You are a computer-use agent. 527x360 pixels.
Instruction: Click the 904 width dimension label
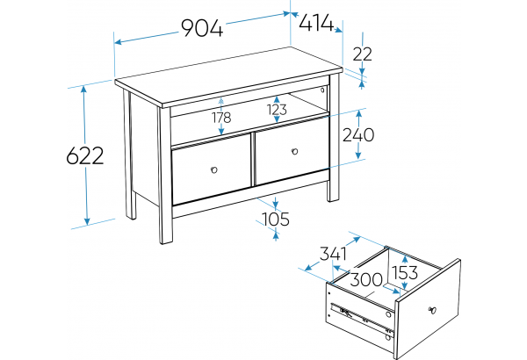click(202, 28)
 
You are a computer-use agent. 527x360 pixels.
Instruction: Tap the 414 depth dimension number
click(316, 24)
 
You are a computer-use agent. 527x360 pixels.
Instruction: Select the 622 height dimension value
click(85, 156)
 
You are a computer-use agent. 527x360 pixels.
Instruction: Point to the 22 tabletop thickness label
click(363, 54)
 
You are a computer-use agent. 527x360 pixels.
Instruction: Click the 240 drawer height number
click(358, 135)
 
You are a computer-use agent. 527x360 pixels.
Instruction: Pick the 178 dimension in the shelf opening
click(221, 118)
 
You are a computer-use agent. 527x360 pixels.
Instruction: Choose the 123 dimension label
click(277, 110)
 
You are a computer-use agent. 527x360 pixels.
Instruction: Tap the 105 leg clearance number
click(275, 220)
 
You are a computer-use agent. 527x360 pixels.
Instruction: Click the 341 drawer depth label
click(333, 254)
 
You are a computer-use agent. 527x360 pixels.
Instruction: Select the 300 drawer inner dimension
click(366, 279)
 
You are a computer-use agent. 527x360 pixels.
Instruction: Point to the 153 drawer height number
click(405, 272)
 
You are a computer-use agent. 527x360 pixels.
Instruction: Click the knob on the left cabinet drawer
click(214, 169)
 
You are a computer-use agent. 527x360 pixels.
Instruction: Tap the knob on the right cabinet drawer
click(295, 151)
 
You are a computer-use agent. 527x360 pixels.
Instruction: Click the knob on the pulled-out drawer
click(432, 310)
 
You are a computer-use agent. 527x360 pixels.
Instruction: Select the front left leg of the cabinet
click(165, 175)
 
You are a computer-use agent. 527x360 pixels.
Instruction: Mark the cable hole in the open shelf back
click(322, 90)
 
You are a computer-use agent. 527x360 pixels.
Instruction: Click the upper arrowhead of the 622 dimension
click(84, 89)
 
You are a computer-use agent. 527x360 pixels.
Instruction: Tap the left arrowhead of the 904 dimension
click(119, 42)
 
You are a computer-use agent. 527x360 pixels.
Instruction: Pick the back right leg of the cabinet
click(334, 138)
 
